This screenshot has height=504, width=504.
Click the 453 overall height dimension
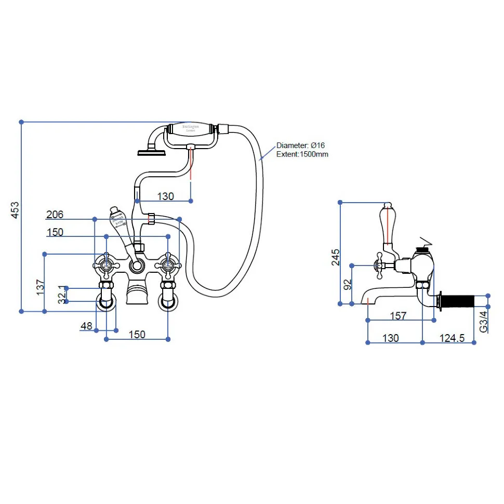point(15,209)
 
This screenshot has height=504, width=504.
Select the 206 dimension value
point(55,215)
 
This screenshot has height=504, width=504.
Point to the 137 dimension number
point(40,287)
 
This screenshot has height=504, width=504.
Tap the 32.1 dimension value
point(62,294)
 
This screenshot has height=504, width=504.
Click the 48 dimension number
point(86,326)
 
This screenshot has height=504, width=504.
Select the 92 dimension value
point(348,284)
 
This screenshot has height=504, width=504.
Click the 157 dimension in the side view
point(397,315)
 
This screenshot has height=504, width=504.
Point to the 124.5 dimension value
point(452,338)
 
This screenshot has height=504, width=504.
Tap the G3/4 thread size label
point(483,321)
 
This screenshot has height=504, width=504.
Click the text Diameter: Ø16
point(300,145)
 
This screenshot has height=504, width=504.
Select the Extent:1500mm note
point(302,154)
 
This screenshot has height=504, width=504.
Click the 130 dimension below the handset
point(165,196)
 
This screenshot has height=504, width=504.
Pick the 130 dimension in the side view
point(390,338)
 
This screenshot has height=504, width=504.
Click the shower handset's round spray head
point(151,152)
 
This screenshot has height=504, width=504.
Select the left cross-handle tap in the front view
point(107,265)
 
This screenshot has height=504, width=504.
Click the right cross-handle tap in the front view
point(168,265)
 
